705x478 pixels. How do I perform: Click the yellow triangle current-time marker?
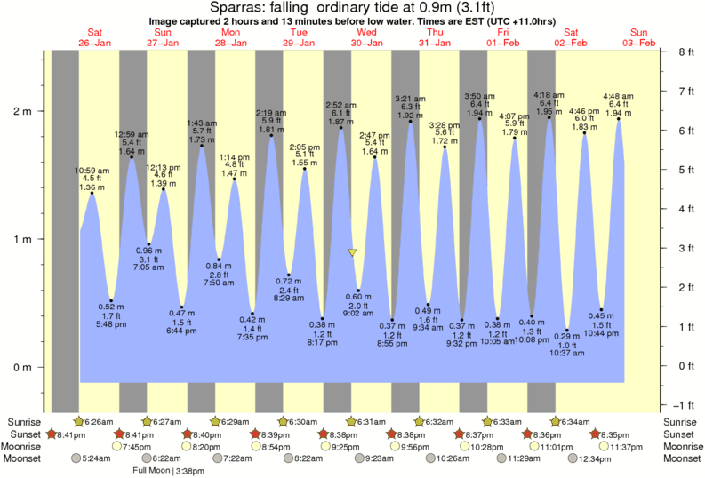tap(353, 253)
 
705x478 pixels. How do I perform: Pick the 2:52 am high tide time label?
tap(341, 105)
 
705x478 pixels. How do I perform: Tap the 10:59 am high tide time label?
tap(92, 170)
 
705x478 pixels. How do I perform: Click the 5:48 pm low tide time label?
tap(111, 325)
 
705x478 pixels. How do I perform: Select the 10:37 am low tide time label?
tap(567, 353)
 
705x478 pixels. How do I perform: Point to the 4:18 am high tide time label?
tap(549, 94)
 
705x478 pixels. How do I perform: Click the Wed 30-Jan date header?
tap(366, 37)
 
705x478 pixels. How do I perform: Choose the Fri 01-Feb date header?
tap(503, 37)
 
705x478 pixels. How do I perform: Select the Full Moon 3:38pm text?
tap(168, 470)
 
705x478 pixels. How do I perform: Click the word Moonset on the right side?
tap(681, 459)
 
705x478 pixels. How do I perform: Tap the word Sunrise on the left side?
tap(24, 420)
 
